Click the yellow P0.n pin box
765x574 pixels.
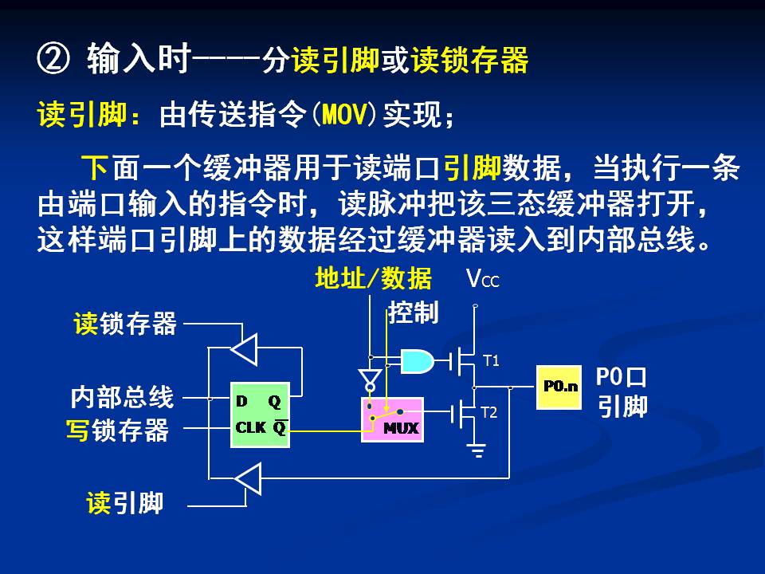559,387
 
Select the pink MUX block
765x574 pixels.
390,419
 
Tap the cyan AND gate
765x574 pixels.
417,362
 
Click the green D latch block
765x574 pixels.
261,415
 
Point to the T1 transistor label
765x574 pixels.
492,361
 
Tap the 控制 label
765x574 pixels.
414,313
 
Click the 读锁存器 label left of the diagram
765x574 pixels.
125,324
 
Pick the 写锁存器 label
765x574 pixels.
117,431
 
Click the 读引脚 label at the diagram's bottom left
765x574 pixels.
124,503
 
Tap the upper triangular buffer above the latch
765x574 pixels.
244,348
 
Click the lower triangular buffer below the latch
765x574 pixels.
248,479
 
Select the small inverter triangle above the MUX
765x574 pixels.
369,376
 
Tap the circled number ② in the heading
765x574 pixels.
53,60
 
